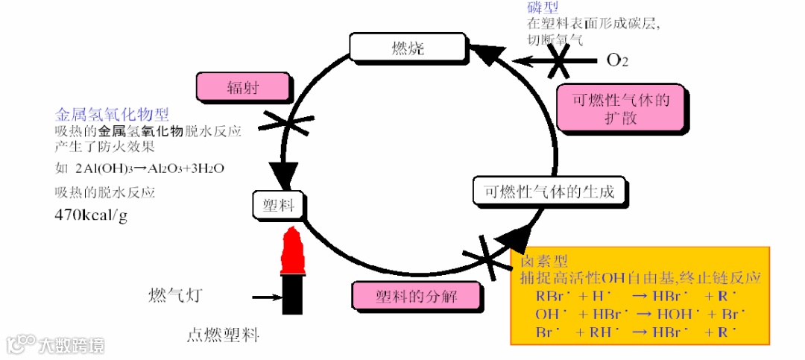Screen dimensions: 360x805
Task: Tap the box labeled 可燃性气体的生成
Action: [x=549, y=192]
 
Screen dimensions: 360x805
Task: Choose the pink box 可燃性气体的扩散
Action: [x=621, y=109]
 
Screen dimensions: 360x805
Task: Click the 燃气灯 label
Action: [x=176, y=296]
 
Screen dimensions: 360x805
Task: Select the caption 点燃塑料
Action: [x=222, y=335]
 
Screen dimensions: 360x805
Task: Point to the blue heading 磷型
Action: [x=543, y=7]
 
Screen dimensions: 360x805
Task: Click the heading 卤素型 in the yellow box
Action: [x=545, y=262]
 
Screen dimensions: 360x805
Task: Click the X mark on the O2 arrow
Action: [x=558, y=60]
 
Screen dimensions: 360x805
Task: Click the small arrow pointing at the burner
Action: [x=265, y=297]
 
